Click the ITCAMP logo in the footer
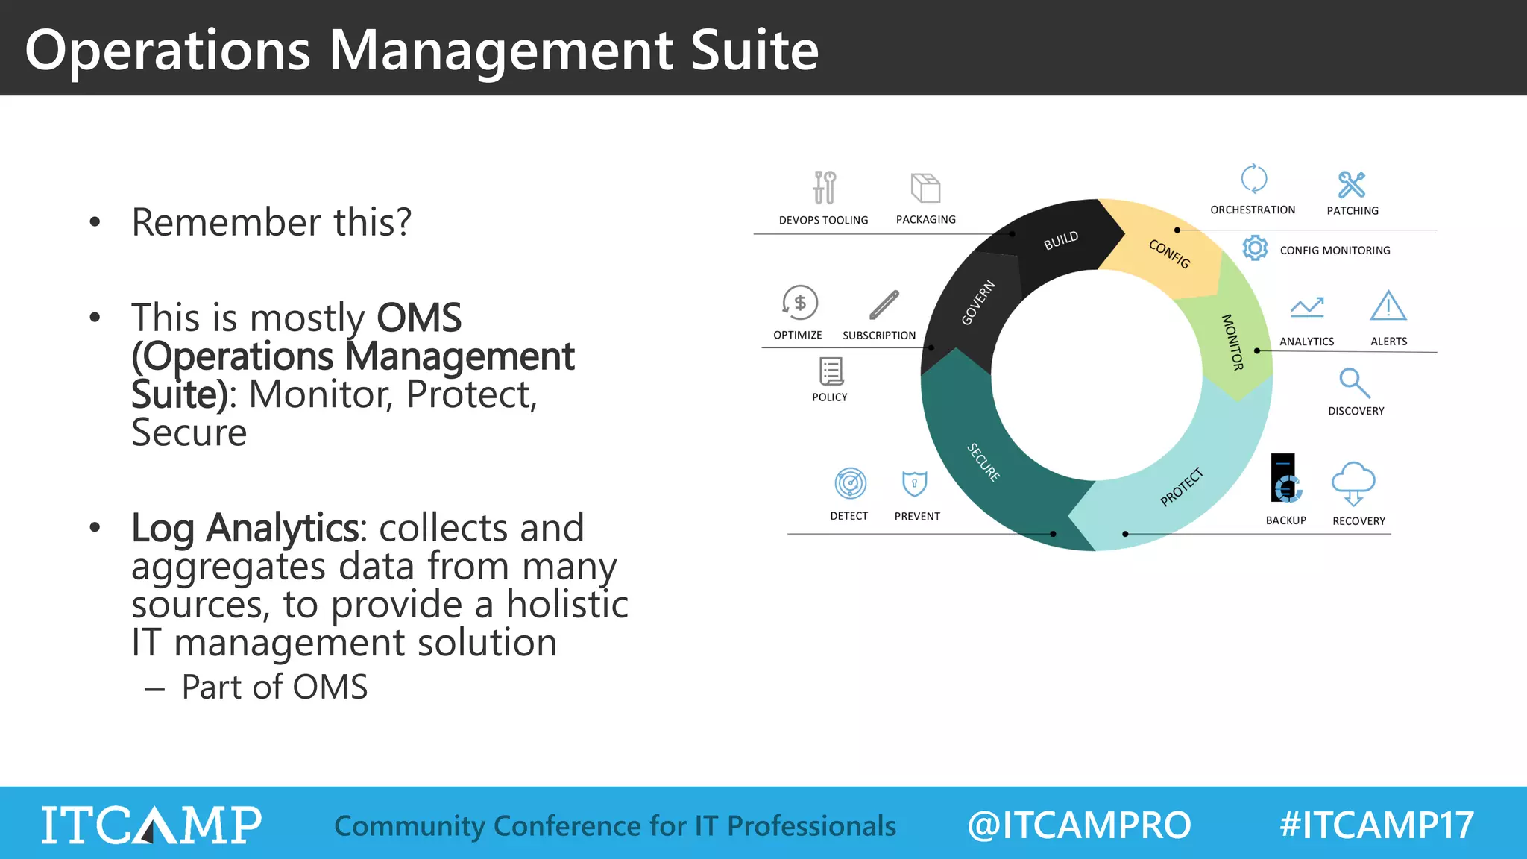point(151,825)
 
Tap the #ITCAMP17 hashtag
point(1376,825)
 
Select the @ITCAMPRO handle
point(1079,825)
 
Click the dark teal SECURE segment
point(983,462)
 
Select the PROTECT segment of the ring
point(1182,486)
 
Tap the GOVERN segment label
point(977,303)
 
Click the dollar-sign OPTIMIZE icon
point(800,303)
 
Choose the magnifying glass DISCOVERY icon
point(1354,383)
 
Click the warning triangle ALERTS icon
point(1388,306)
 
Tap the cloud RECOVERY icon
point(1353,483)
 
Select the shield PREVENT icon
point(914,483)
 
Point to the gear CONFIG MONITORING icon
point(1255,248)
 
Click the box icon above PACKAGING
point(925,188)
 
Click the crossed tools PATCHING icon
point(1351,184)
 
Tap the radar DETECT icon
point(850,483)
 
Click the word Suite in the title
point(754,51)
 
